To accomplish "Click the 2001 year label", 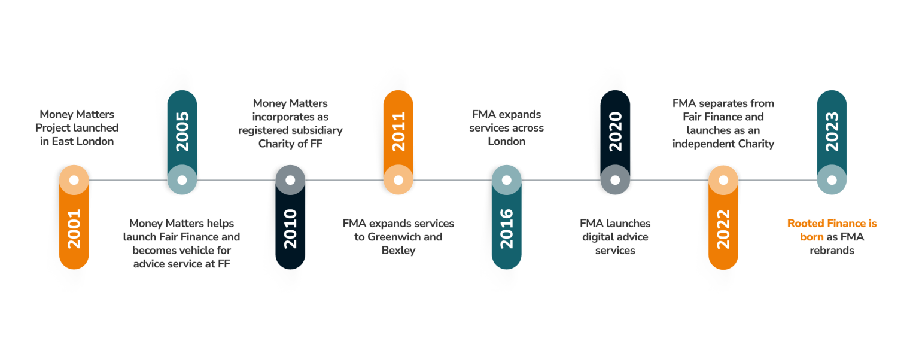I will point(74,228).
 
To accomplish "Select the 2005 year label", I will point(182,131).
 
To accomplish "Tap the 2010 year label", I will point(290,228).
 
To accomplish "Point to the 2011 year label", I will point(398,131).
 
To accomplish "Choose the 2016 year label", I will point(507,228).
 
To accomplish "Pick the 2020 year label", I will point(615,131).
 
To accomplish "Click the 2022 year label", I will point(723,228).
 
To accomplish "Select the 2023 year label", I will point(832,131).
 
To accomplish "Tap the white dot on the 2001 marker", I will point(74,180).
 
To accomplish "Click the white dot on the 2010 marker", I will point(290,180).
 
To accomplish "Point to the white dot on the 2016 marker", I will point(507,180).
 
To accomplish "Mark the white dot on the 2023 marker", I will point(832,180).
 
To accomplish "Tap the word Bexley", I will point(398,251).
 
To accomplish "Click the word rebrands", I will point(832,251).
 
